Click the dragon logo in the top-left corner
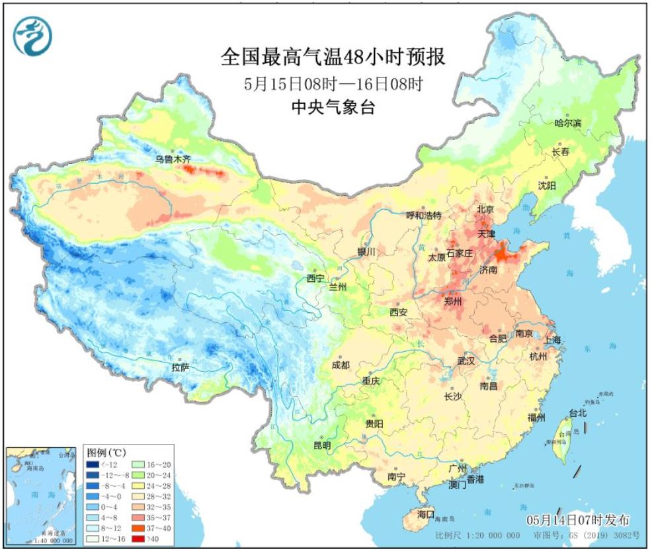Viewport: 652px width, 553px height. pyautogui.click(x=31, y=35)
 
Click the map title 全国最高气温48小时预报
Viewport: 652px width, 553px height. pyautogui.click(x=333, y=57)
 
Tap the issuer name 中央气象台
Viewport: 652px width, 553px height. pyautogui.click(x=333, y=107)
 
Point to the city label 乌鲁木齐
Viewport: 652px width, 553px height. pyautogui.click(x=173, y=159)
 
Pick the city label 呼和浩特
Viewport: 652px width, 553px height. pyautogui.click(x=423, y=216)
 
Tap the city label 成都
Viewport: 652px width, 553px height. pyautogui.click(x=341, y=365)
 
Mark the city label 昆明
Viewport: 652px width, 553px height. pyautogui.click(x=321, y=445)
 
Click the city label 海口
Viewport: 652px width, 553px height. pyautogui.click(x=426, y=514)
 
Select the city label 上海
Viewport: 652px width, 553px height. pyautogui.click(x=553, y=339)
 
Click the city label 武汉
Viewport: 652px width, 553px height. pyautogui.click(x=466, y=361)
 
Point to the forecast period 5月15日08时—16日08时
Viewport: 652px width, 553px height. pyautogui.click(x=333, y=84)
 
